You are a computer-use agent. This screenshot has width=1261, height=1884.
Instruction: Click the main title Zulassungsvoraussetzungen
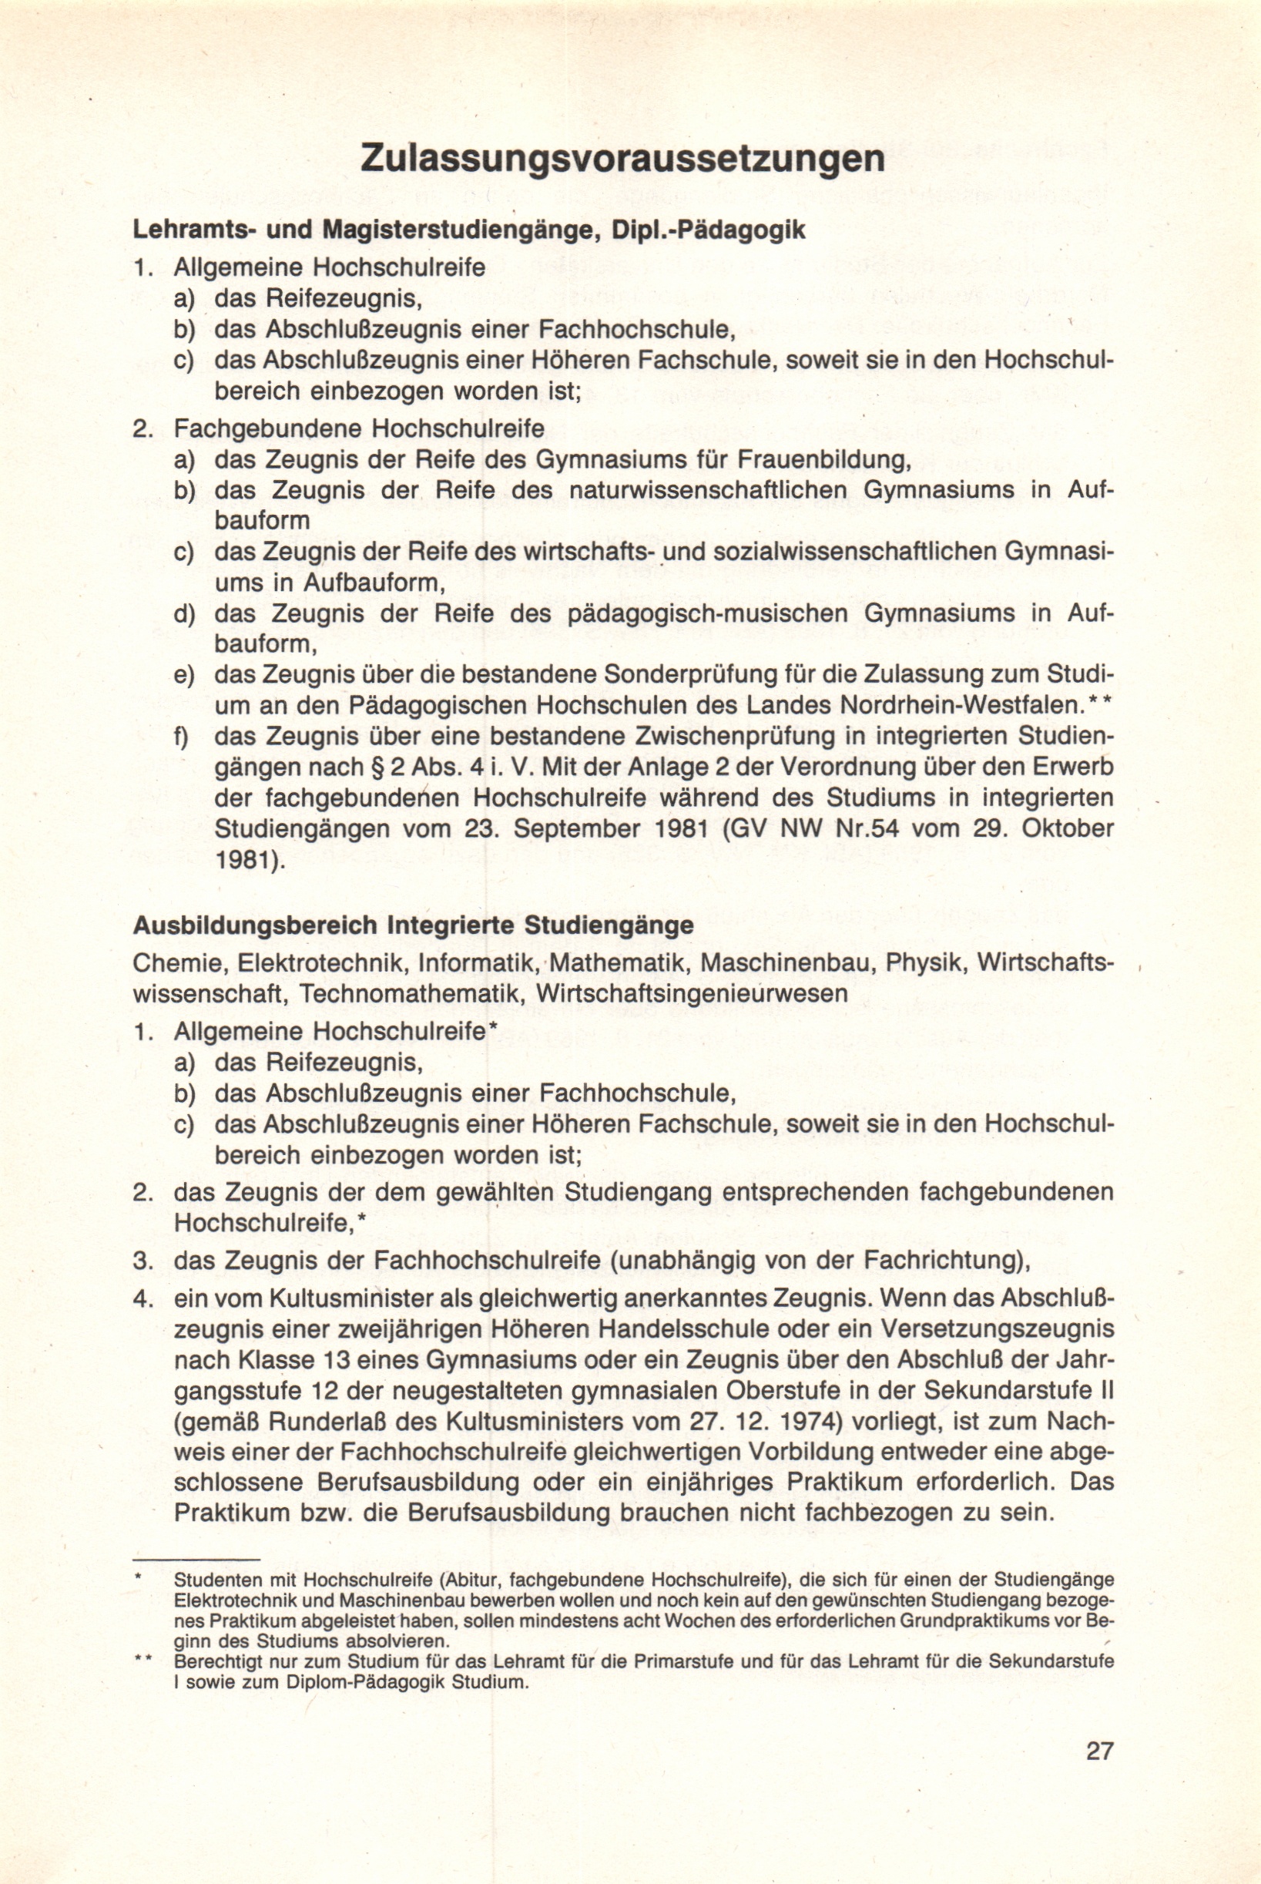pos(622,159)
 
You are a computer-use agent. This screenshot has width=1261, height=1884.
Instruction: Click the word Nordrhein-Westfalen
pos(957,706)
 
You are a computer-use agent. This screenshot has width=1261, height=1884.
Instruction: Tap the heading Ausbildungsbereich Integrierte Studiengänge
pos(413,925)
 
